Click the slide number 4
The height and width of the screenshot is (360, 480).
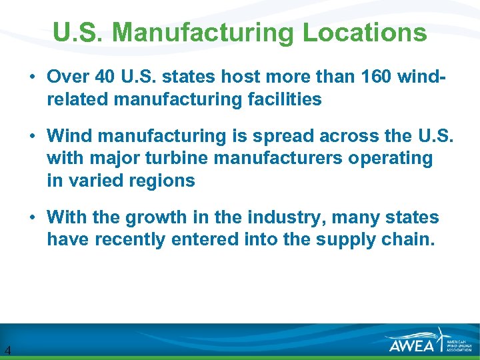pyautogui.click(x=7, y=350)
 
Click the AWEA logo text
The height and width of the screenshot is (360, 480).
pyautogui.click(x=412, y=344)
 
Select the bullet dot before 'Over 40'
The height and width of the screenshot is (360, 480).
pyautogui.click(x=32, y=77)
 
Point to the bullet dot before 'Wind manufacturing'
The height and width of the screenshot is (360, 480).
pyautogui.click(x=32, y=137)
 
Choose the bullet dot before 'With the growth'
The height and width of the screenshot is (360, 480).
pyautogui.click(x=32, y=218)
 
